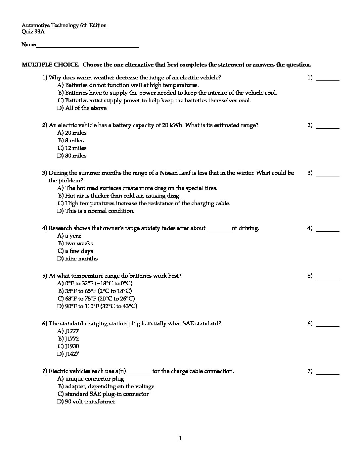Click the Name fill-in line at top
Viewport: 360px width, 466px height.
coord(87,46)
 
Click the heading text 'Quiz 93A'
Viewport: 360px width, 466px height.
coord(33,32)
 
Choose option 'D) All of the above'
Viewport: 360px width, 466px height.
coord(82,108)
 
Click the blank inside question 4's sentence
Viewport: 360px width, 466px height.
coord(218,229)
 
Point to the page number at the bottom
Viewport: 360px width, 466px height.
coord(180,439)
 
